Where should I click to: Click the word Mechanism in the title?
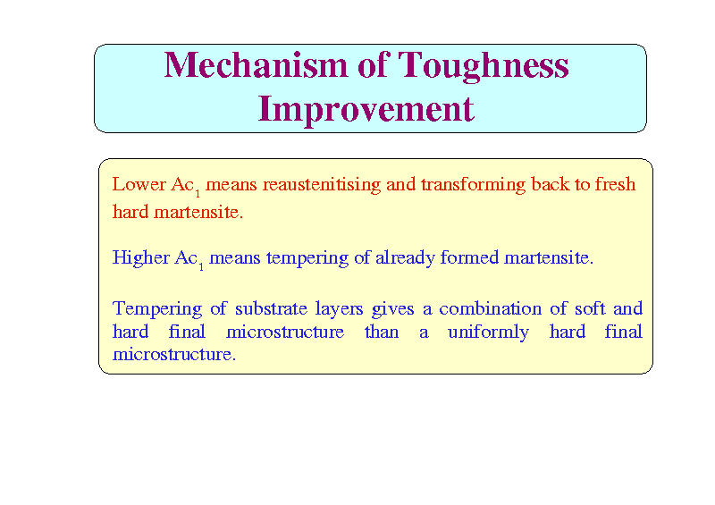click(257, 64)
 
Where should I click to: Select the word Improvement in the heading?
click(366, 110)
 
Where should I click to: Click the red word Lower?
click(139, 184)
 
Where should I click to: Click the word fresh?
click(615, 184)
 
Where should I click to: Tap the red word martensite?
click(198, 212)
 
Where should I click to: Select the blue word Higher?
click(141, 258)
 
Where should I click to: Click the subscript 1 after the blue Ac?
click(201, 267)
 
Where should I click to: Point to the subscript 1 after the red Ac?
click(198, 194)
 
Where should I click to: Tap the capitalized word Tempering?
click(157, 309)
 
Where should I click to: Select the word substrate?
click(271, 309)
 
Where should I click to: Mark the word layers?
click(339, 310)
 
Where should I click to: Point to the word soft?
click(590, 308)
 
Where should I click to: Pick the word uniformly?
click(488, 332)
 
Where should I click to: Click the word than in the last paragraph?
click(382, 332)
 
